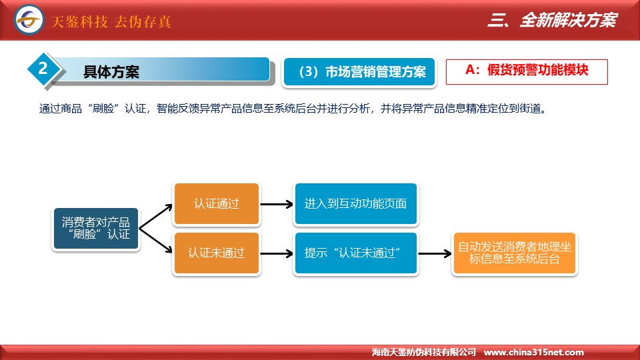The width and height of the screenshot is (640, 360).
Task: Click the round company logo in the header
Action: tap(29, 19)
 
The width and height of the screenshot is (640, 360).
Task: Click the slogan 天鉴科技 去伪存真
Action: tap(111, 21)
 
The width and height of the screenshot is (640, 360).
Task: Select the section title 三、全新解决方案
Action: tap(552, 20)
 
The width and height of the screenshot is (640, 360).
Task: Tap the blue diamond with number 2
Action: tap(43, 69)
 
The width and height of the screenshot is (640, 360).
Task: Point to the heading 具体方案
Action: tap(111, 72)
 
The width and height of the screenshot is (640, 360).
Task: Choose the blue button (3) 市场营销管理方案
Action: tap(359, 72)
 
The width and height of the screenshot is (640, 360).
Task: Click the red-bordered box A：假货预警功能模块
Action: tap(527, 72)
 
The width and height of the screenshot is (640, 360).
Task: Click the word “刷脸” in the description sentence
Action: tap(103, 109)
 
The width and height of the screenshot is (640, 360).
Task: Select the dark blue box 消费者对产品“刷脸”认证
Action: tap(96, 229)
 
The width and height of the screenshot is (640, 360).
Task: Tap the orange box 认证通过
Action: tap(216, 204)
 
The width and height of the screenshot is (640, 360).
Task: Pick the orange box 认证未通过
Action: tap(216, 253)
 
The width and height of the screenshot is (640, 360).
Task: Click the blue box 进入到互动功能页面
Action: tap(355, 204)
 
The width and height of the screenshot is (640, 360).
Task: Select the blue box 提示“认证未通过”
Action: tap(355, 253)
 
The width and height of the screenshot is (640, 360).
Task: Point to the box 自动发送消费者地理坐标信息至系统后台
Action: tap(514, 253)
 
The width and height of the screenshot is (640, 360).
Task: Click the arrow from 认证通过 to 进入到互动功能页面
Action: tap(276, 204)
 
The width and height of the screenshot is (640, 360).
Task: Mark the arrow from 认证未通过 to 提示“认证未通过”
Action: tap(276, 253)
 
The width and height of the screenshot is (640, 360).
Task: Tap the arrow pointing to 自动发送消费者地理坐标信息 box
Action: tap(435, 253)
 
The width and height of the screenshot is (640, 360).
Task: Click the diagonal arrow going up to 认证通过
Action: tap(155, 216)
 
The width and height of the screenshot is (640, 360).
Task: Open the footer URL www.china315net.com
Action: tap(533, 352)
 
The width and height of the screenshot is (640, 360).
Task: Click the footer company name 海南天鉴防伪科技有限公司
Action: tap(424, 352)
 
